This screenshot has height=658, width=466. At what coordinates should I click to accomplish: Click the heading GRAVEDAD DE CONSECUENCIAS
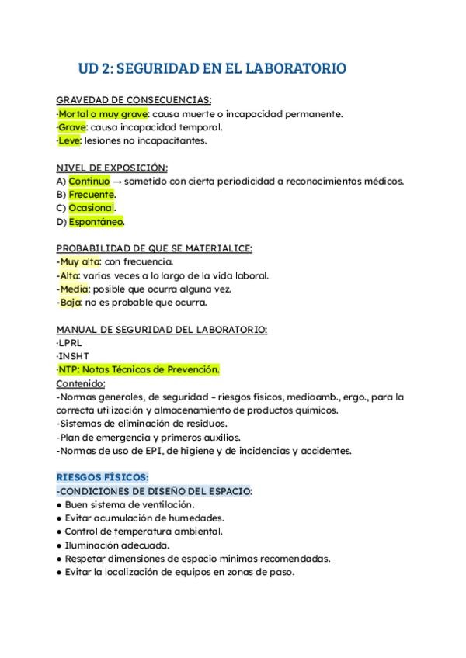click(134, 100)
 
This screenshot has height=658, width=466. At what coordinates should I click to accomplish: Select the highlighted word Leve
click(69, 140)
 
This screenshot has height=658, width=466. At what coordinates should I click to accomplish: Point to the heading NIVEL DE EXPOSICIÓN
click(112, 168)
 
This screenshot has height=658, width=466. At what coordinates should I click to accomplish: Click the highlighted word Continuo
click(89, 181)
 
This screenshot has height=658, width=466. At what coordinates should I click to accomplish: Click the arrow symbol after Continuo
click(117, 181)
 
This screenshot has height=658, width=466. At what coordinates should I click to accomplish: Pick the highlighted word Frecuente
click(91, 194)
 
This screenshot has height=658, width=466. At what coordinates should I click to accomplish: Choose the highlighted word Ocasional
click(92, 208)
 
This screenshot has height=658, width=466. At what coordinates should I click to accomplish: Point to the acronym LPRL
click(70, 342)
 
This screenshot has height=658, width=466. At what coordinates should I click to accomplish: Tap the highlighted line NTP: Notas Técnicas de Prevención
click(139, 369)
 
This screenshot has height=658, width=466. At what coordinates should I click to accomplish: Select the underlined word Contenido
click(81, 383)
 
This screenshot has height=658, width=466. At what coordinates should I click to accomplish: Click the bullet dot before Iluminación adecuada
click(60, 545)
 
